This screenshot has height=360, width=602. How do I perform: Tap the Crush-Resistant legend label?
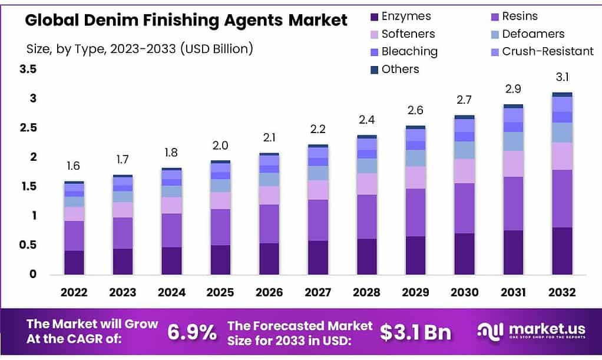(x=548, y=51)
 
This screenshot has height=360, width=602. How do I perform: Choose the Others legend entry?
(x=400, y=69)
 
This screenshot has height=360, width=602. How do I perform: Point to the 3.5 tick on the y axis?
(x=28, y=69)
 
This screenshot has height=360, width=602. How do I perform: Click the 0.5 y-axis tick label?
(x=28, y=245)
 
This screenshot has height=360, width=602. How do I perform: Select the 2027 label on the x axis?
(x=317, y=292)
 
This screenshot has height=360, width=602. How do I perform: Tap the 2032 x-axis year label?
(x=561, y=292)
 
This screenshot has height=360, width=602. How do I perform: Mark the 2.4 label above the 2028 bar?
(x=366, y=120)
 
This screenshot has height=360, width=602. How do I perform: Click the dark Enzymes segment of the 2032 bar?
(x=561, y=250)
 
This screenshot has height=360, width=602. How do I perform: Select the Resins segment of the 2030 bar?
(x=464, y=208)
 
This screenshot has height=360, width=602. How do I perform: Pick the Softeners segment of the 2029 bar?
(x=415, y=177)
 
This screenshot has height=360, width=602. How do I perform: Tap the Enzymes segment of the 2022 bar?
(x=74, y=262)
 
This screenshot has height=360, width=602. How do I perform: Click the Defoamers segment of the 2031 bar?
(x=512, y=141)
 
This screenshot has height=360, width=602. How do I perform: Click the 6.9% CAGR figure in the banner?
(x=191, y=332)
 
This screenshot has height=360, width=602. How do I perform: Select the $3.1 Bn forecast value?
(x=415, y=332)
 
